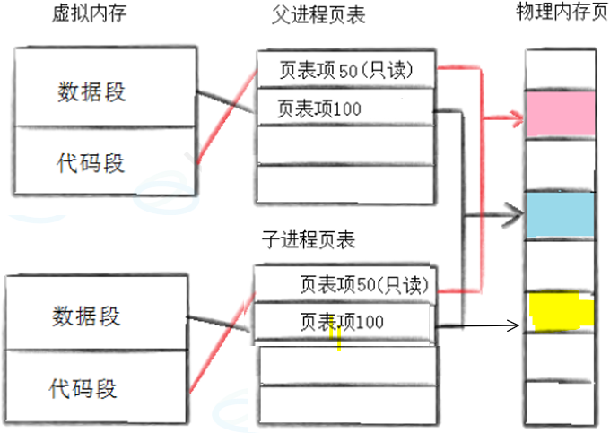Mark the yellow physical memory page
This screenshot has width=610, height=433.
(x=562, y=310)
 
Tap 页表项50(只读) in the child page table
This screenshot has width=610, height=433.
(x=368, y=285)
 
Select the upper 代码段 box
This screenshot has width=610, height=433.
(x=91, y=162)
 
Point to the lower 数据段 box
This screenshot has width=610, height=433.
(x=86, y=316)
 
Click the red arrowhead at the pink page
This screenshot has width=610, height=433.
(x=518, y=117)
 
